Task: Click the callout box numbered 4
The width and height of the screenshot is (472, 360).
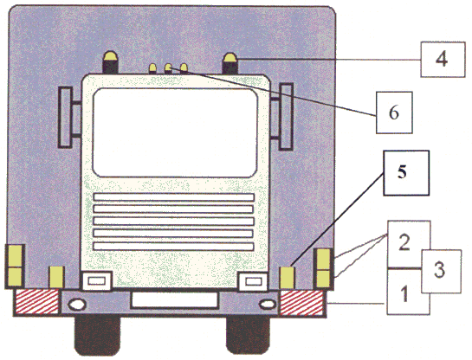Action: pos(443,60)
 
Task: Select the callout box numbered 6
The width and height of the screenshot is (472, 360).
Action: pos(394,112)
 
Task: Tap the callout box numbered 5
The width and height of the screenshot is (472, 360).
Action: pos(406,173)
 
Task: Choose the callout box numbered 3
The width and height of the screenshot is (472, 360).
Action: pos(442,271)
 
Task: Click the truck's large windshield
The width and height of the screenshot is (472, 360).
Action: pos(175,132)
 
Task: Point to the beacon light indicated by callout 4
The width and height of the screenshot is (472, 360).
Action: pos(230,63)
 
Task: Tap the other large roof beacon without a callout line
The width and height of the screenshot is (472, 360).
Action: pos(111,62)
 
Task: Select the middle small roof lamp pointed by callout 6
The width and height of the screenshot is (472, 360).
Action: pos(168,68)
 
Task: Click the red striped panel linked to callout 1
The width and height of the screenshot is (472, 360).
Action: pos(301,303)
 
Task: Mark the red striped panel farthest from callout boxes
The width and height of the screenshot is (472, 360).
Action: pos(36,302)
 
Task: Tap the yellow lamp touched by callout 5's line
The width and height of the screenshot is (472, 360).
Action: pos(287,278)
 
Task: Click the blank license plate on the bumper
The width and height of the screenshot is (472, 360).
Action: pos(174,299)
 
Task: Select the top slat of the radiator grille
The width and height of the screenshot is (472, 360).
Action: pos(173,197)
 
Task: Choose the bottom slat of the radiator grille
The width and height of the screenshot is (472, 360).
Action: pos(173,247)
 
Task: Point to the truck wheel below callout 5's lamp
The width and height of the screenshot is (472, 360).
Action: pos(248,334)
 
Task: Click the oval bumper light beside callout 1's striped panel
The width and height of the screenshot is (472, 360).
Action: pos(267,305)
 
